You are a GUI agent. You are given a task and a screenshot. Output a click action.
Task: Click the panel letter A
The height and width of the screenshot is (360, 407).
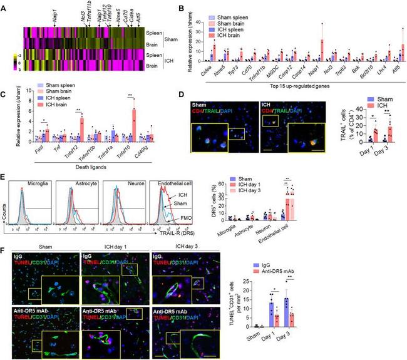[4, 5]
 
